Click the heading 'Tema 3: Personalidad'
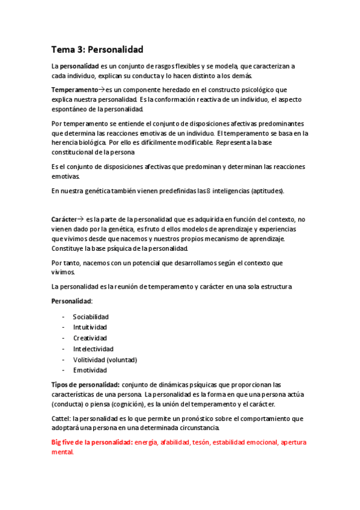[x=97, y=50]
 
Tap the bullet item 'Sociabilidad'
[x=91, y=316]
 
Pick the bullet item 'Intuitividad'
[x=90, y=327]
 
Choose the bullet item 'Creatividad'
[x=90, y=338]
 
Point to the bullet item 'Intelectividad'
[x=93, y=349]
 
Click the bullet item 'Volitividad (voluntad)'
[x=105, y=360]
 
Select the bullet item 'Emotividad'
[x=90, y=370]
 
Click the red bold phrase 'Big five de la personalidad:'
[x=92, y=442]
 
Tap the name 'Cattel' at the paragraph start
[x=61, y=418]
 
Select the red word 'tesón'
[x=199, y=442]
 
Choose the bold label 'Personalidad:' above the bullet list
[x=72, y=300]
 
